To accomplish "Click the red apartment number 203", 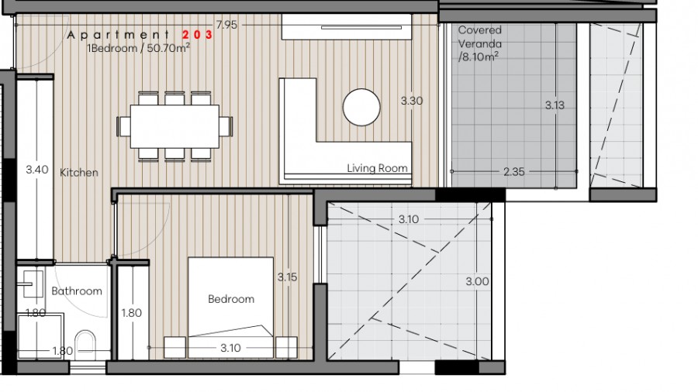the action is click(x=198, y=35).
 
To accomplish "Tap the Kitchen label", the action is click(x=79, y=173).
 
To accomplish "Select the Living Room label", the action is click(x=377, y=168).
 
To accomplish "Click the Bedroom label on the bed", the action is click(x=231, y=299).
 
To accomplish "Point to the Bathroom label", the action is click(x=77, y=291).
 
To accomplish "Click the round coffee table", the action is click(x=361, y=107).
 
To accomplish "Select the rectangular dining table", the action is click(x=174, y=126).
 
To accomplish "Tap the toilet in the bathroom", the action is click(x=85, y=345).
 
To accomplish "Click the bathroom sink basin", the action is click(x=31, y=284).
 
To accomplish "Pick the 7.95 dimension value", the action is click(x=226, y=25).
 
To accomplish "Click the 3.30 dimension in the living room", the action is click(x=411, y=101).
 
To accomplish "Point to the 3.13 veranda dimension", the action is click(x=555, y=105).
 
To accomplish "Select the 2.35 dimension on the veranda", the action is click(x=514, y=171).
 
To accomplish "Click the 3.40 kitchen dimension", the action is click(x=37, y=170).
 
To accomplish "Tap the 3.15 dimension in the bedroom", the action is click(x=287, y=277).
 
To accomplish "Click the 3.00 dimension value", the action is click(x=477, y=281).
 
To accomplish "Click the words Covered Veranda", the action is click(x=480, y=37).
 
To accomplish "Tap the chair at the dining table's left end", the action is click(x=123, y=126).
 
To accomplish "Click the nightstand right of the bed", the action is click(x=286, y=348).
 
